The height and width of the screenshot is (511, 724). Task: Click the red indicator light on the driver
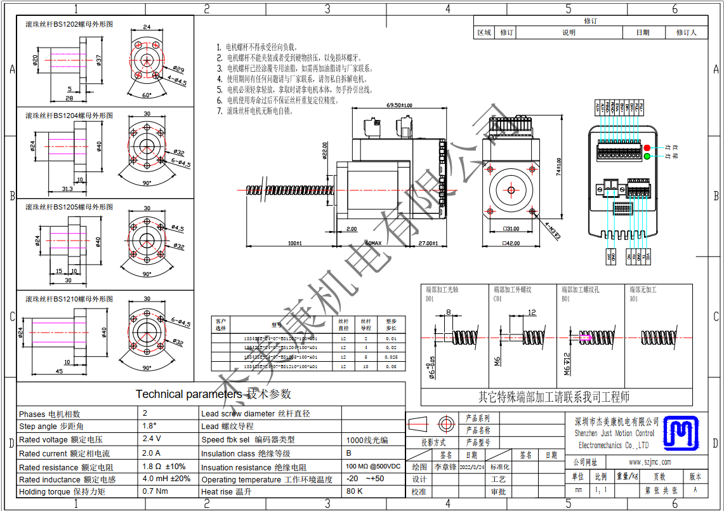click(647, 148)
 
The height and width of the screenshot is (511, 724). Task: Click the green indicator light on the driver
click(647, 156)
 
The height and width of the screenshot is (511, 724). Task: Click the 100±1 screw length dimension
click(294, 242)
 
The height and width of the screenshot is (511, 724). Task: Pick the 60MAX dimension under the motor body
click(373, 242)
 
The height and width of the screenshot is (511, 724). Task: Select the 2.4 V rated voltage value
click(152, 439)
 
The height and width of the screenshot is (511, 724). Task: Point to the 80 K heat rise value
click(354, 491)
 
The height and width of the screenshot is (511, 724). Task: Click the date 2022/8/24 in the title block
click(471, 467)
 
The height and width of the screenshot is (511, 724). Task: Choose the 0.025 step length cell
click(391, 357)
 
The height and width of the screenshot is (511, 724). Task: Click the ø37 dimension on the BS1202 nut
click(99, 60)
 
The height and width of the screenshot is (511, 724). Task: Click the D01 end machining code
click(430, 298)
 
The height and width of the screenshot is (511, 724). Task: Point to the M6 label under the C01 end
click(498, 361)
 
